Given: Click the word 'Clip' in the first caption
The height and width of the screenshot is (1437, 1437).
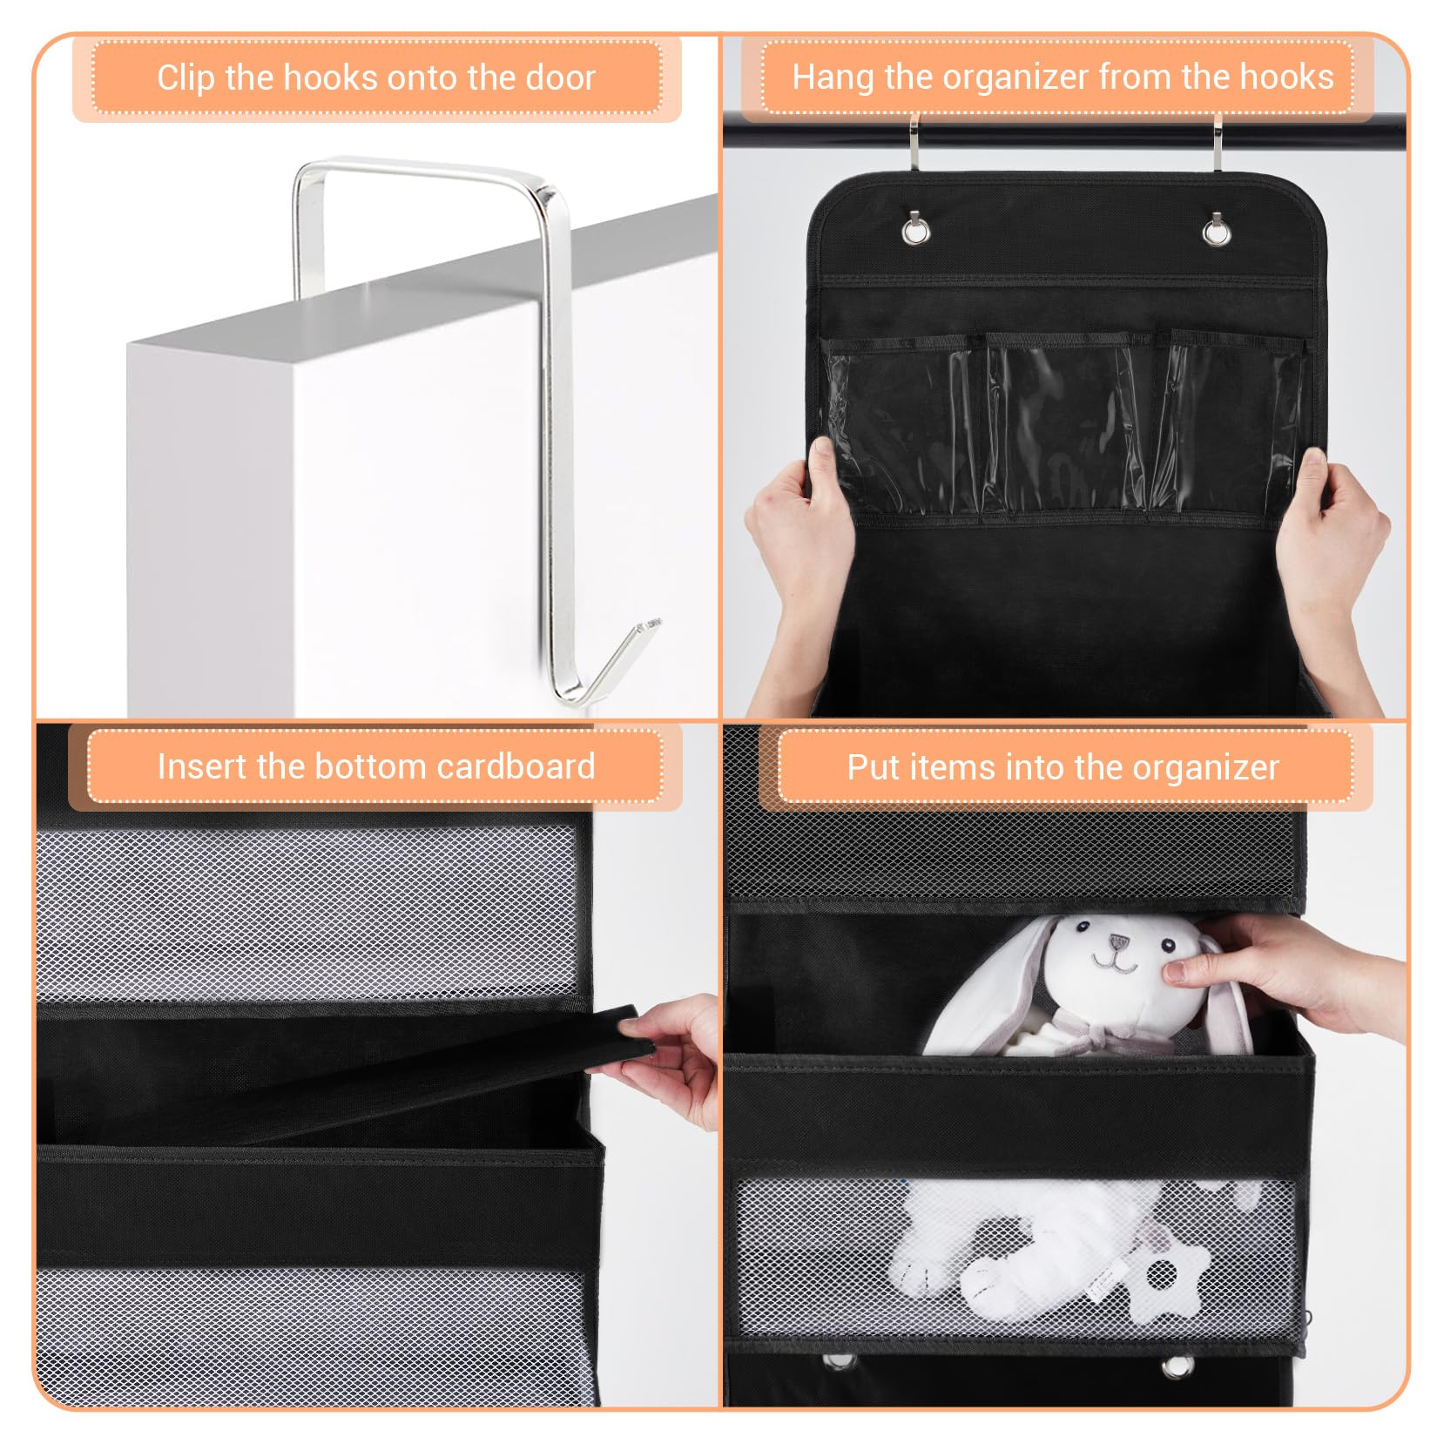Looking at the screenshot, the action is click(x=186, y=78).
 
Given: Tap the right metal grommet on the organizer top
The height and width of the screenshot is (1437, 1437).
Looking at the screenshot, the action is click(x=1217, y=230).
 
